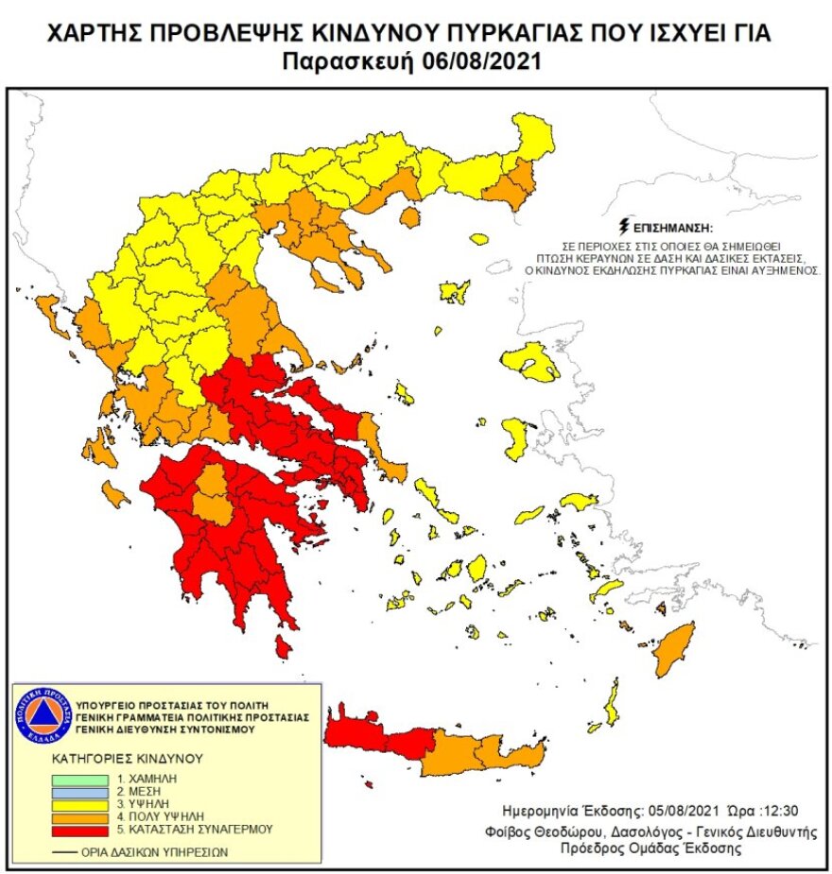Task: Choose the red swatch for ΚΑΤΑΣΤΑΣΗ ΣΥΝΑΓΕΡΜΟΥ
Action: pos(80,829)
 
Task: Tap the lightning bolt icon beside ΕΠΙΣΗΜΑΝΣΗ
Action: pos(621,227)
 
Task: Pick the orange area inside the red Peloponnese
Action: pos(213,496)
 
